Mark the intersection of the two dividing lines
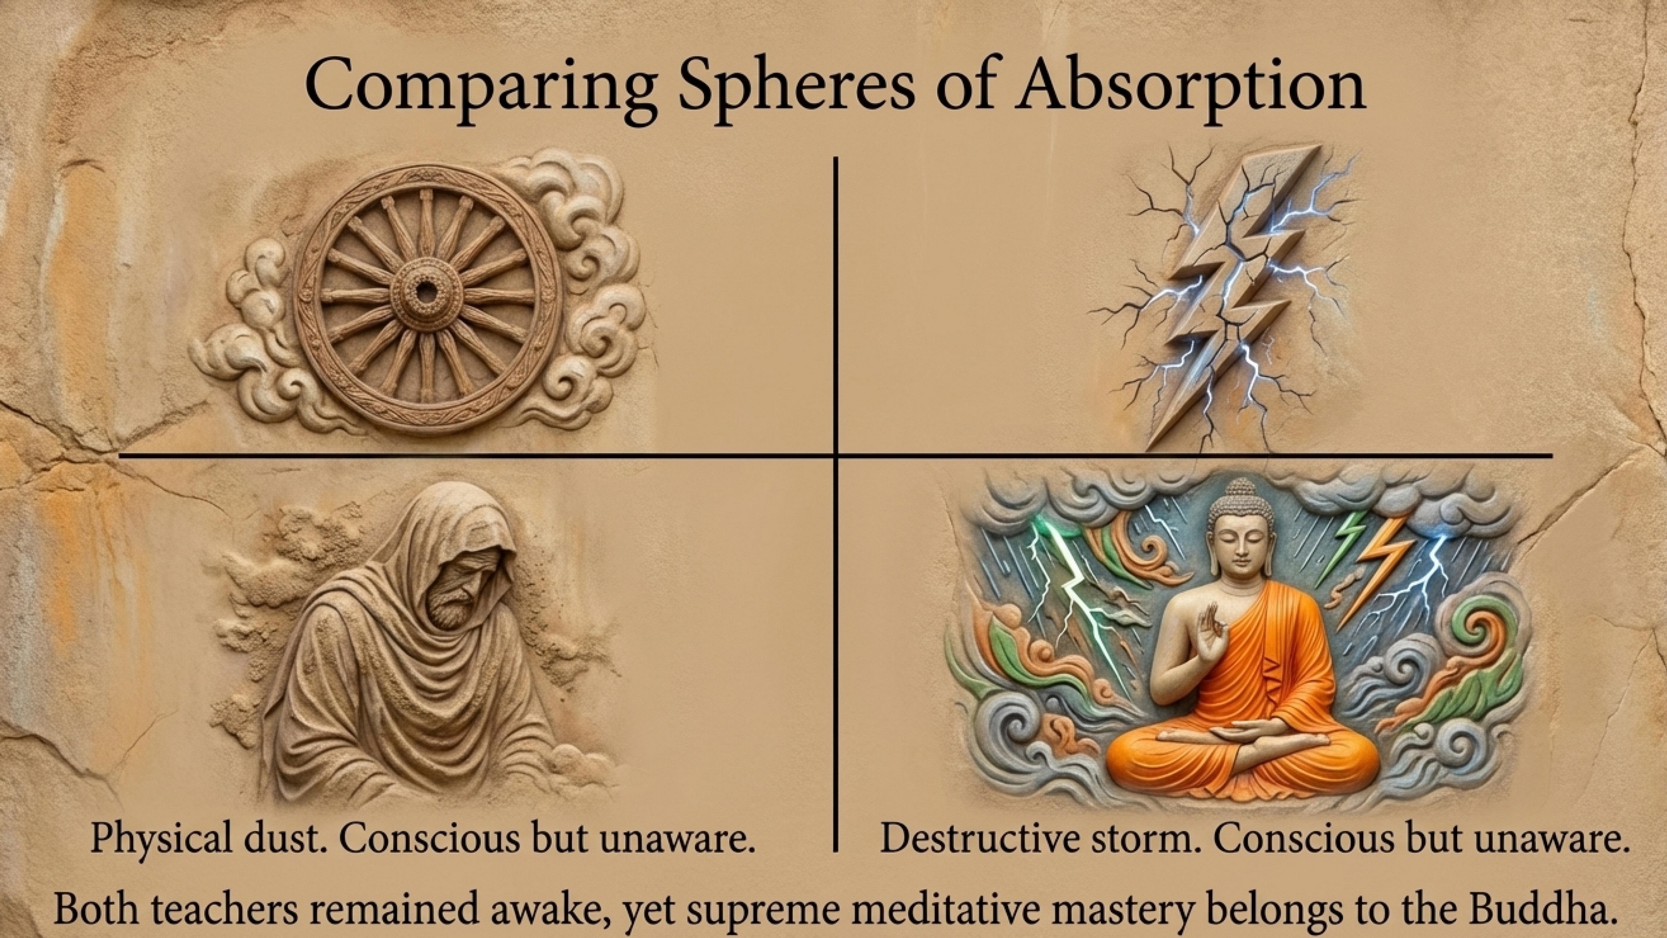(836, 456)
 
